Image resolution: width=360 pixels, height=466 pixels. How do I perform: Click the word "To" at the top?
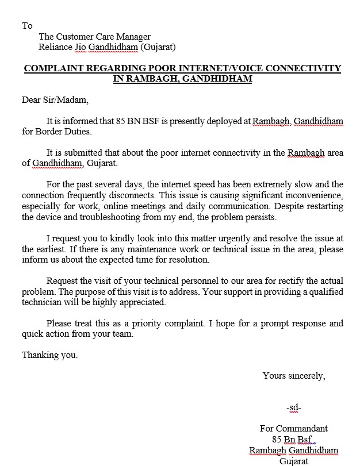pos(27,26)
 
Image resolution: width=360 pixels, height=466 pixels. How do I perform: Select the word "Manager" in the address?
pos(133,37)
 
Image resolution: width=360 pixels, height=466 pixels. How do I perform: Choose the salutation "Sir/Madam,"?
pos(67,100)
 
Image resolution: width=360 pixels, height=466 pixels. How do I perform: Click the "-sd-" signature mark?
pos(293,407)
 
